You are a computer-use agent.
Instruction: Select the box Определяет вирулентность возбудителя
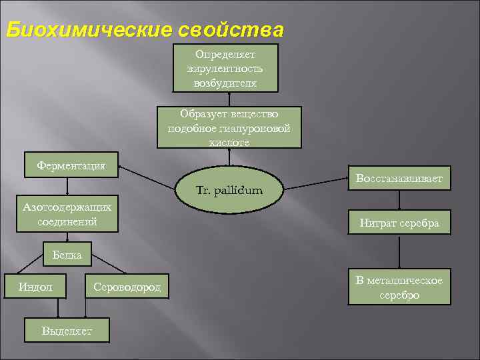coord(225,68)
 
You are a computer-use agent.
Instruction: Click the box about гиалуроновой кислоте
coord(229,127)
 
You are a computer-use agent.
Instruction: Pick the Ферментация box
coord(71,165)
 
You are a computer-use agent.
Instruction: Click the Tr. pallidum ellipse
coord(229,191)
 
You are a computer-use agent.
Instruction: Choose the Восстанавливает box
coord(399,179)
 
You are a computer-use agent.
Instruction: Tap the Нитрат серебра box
coord(399,223)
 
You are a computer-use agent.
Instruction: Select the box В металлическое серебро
coord(399,287)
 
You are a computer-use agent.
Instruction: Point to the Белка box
coord(67,255)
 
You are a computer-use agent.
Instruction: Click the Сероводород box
coord(127,287)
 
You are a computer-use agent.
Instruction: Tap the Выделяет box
coord(67,329)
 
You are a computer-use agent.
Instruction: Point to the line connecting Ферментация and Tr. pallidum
coord(150,176)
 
